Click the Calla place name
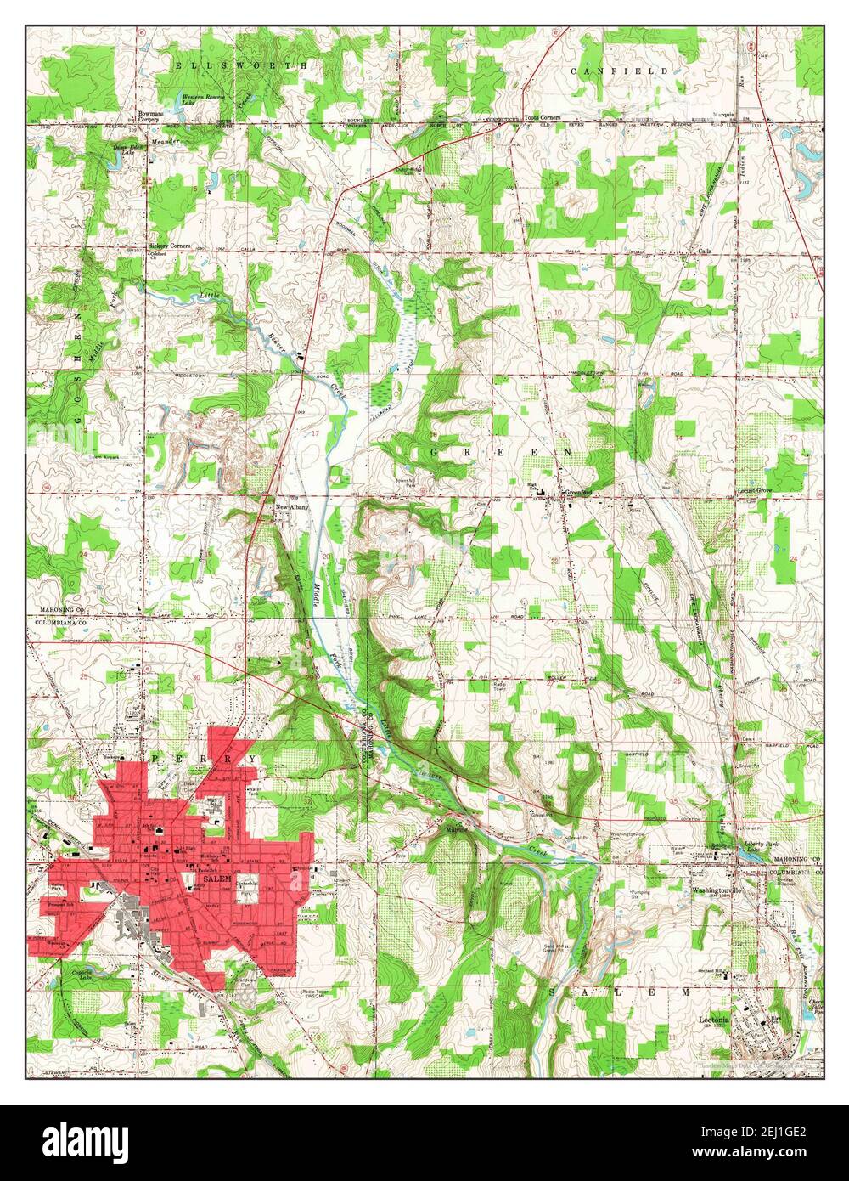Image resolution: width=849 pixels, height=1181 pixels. (704, 251)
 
